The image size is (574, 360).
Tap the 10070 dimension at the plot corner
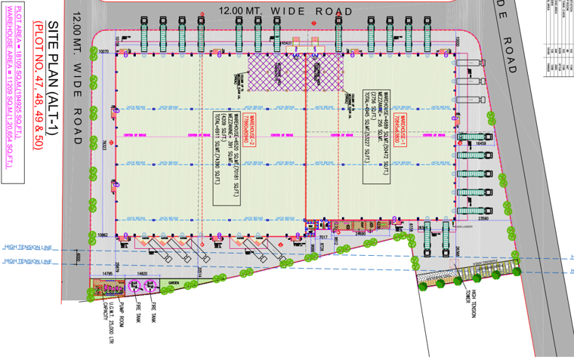point(104,51)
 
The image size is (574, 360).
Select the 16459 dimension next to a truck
point(481,143)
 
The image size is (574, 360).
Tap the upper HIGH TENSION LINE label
point(28,246)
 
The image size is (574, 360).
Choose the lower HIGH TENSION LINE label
point(28,261)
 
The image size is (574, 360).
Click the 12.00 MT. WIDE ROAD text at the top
point(285,11)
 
